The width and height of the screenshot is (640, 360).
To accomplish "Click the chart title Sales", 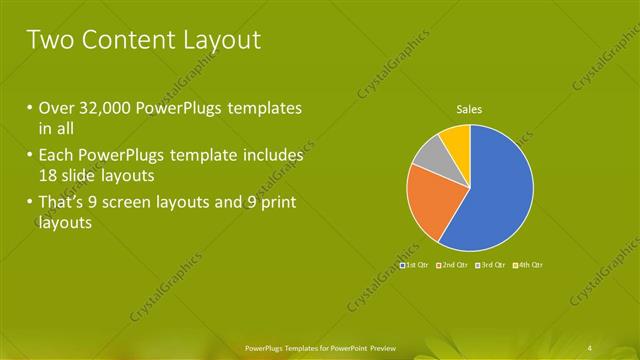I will [470, 108].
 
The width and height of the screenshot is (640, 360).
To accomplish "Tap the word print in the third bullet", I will [278, 204].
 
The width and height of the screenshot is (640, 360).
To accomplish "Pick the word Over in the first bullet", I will [57, 108].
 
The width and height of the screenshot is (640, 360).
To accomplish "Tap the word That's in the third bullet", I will [66, 204].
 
